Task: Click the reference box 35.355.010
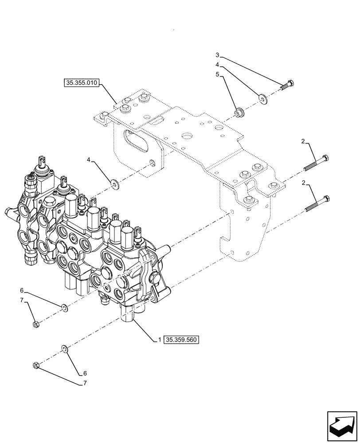[x=82, y=82]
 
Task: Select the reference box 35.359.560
[x=182, y=340]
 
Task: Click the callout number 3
[x=217, y=55]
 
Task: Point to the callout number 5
[x=217, y=75]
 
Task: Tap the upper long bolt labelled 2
[x=317, y=164]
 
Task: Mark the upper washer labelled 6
[x=64, y=307]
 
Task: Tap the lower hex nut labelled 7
[x=36, y=365]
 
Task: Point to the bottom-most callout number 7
[x=84, y=385]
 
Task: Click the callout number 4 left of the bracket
[x=89, y=159]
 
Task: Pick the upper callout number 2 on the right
[x=303, y=141]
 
